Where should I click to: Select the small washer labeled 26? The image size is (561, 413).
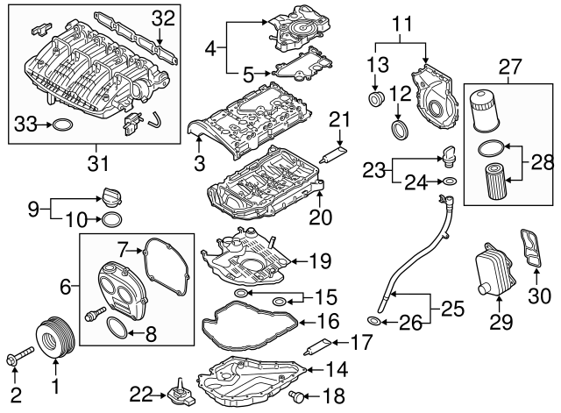tap(373, 323)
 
